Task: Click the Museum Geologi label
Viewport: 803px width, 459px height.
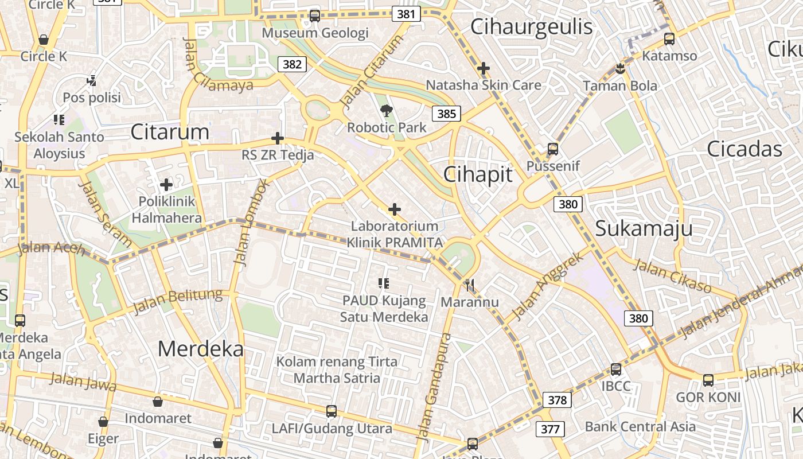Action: [315, 33]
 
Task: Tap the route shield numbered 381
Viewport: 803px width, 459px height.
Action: [406, 14]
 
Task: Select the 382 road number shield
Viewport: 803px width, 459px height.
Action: [292, 64]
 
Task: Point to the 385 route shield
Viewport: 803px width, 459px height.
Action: [446, 114]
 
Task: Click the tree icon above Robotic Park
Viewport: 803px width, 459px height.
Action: [387, 111]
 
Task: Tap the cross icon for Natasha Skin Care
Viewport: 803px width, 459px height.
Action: [484, 69]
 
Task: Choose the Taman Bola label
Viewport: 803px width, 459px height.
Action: [620, 86]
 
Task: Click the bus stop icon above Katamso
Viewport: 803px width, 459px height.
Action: [669, 39]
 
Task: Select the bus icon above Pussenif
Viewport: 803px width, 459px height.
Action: [553, 149]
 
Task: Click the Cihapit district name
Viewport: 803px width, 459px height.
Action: [478, 175]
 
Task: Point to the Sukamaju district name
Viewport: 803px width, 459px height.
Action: [644, 228]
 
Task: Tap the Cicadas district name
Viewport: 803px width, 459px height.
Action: [744, 149]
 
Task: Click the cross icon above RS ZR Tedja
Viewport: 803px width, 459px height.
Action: [278, 138]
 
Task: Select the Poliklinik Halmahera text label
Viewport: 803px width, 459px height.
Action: [167, 210]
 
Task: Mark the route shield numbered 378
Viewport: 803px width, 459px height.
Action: [557, 400]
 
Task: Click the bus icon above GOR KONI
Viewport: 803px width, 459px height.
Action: [708, 380]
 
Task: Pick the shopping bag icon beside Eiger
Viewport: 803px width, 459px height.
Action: [103, 422]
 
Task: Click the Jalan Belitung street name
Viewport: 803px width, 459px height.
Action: [177, 301]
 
